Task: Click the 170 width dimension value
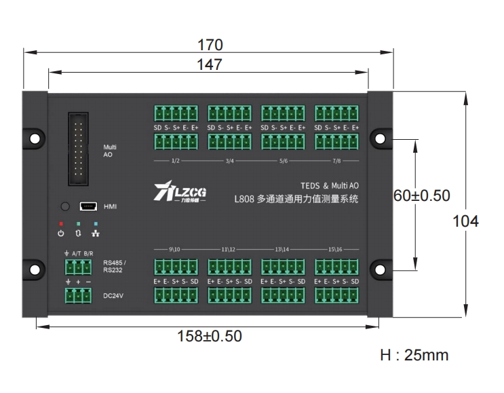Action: point(210,45)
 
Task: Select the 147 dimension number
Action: point(210,64)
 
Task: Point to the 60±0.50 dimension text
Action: point(422,195)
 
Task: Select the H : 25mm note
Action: point(414,355)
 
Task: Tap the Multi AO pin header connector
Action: point(79,149)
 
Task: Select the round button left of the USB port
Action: point(66,206)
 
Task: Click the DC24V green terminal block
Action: point(79,295)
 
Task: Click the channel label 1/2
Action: point(175,161)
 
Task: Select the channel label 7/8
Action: point(336,161)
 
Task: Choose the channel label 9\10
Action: point(175,249)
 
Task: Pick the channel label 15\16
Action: point(336,249)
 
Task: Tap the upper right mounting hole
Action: point(380,138)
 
